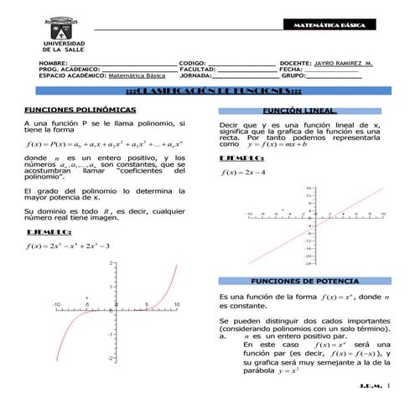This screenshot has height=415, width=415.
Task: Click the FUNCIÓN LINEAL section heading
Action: point(299,111)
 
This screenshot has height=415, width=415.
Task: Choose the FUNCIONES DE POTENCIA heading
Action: point(299,281)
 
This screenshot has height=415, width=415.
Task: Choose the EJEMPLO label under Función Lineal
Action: point(241,158)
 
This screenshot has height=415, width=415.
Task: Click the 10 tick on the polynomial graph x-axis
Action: point(176,303)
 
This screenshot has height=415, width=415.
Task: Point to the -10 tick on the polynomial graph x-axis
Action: point(56,303)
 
